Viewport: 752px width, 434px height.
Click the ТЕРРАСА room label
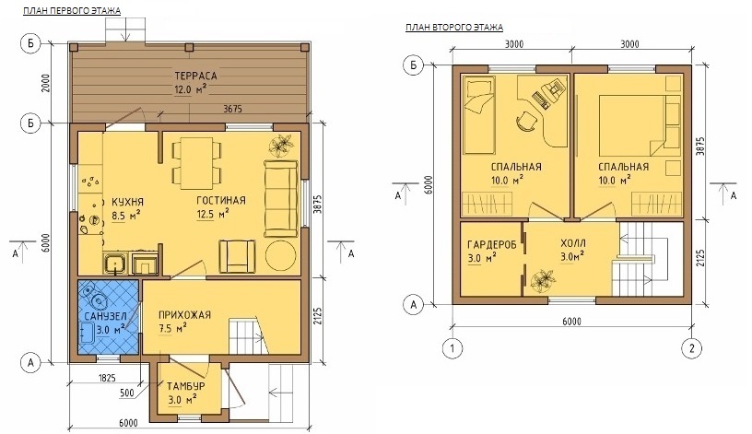[195, 76]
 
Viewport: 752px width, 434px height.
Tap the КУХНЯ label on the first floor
[127, 202]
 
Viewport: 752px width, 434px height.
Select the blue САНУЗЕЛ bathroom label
[105, 316]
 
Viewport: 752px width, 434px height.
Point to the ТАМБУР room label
[186, 386]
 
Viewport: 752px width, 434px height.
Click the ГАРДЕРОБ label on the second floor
[492, 244]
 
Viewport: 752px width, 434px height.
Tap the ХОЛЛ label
[573, 243]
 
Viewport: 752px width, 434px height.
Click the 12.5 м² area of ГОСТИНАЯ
[213, 214]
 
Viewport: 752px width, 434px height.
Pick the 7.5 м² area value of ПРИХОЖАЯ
[171, 328]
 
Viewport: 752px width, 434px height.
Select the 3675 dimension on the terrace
[232, 110]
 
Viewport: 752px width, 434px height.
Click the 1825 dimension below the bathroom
[107, 378]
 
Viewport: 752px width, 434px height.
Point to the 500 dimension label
[126, 393]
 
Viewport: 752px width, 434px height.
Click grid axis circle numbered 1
[452, 347]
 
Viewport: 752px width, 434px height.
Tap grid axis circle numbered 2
[691, 347]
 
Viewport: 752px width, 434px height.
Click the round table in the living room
[280, 254]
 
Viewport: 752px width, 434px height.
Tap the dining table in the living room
[196, 163]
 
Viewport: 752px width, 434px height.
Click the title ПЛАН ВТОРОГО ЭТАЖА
[454, 27]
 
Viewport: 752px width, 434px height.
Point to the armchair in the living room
[237, 255]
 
